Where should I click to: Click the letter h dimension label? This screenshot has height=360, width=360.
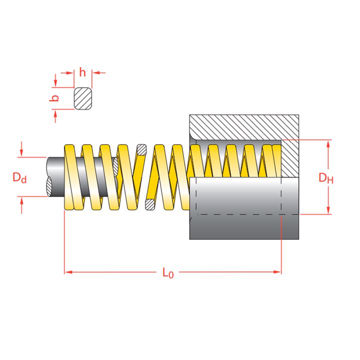(82, 72)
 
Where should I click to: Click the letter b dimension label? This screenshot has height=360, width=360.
(55, 98)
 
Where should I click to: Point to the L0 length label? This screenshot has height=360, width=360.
(168, 273)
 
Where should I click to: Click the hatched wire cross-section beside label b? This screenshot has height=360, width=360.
(83, 98)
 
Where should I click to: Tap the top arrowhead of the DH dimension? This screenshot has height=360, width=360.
(328, 144)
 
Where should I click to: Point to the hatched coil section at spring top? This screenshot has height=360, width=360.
(142, 149)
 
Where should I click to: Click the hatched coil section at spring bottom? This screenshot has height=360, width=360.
(149, 204)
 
